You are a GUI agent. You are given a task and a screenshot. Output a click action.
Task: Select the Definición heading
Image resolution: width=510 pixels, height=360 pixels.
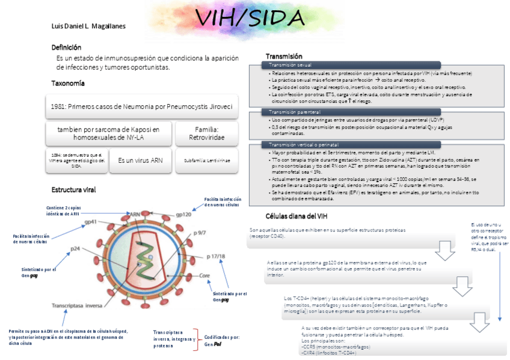click(66, 47)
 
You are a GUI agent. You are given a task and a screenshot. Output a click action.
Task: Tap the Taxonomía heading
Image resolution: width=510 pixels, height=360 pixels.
click(68, 83)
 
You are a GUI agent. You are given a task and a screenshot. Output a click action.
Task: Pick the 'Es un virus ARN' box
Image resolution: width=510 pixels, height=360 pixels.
click(140, 160)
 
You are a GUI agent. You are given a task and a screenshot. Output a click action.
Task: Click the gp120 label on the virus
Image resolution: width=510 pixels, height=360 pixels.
click(183, 214)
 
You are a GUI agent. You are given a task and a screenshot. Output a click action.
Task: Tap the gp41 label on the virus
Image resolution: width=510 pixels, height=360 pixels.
click(91, 222)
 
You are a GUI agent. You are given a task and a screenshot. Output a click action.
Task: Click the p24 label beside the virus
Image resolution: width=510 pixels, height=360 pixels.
click(75, 248)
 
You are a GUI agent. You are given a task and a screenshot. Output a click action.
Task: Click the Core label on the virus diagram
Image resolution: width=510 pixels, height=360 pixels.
click(204, 276)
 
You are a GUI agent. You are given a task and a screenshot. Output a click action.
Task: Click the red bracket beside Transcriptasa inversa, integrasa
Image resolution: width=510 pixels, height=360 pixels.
click(196, 340)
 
